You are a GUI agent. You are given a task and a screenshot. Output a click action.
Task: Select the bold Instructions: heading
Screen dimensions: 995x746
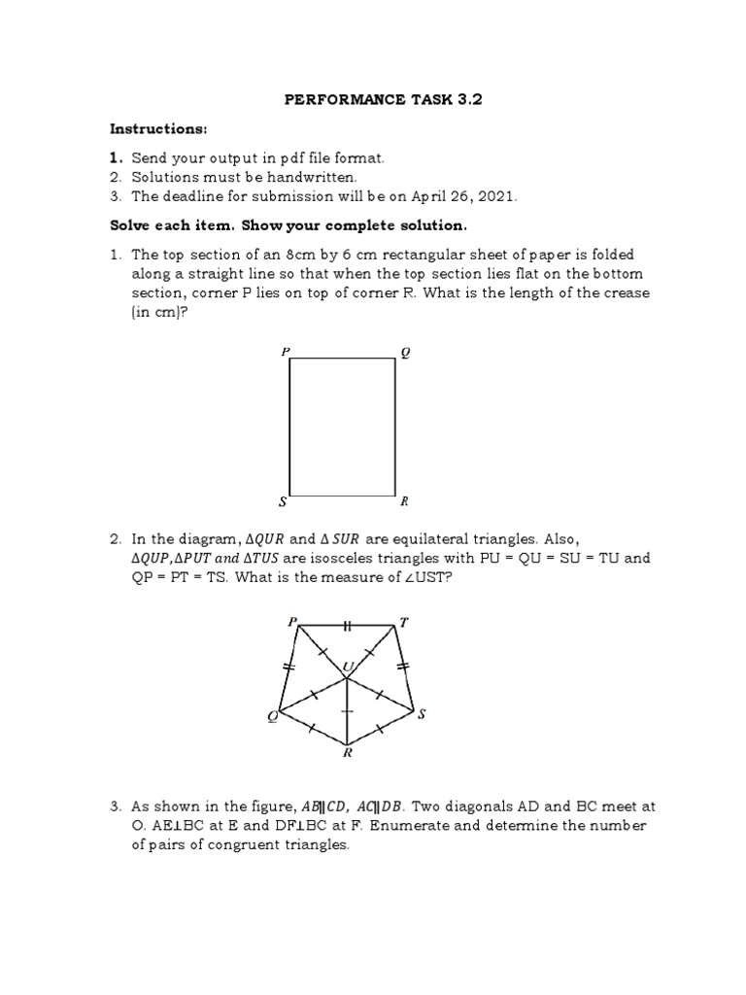pyautogui.click(x=158, y=130)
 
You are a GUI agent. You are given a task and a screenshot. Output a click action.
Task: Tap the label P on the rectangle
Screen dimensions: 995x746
pyautogui.click(x=285, y=352)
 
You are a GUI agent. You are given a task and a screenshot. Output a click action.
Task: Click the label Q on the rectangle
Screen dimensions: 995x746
pyautogui.click(x=405, y=353)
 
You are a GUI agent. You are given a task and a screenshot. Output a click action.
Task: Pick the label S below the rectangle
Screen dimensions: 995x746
pyautogui.click(x=283, y=501)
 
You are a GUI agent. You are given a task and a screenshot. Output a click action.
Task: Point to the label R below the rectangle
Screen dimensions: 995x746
pyautogui.click(x=404, y=501)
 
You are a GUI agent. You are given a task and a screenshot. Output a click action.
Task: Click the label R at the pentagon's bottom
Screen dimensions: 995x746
pyautogui.click(x=347, y=752)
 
